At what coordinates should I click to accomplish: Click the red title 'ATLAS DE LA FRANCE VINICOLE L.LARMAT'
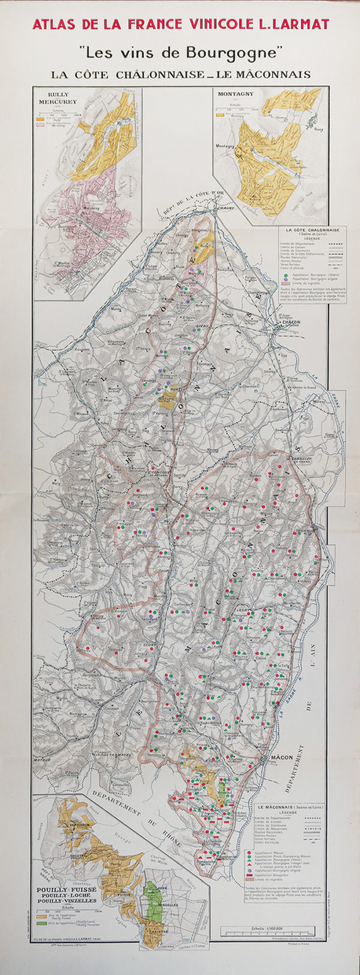tap(181, 24)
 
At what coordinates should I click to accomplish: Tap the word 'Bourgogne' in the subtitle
tap(232, 53)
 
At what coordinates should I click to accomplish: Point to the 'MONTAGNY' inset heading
tap(235, 94)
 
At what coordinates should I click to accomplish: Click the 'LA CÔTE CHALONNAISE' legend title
tap(313, 230)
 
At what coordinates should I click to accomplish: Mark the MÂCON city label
tap(281, 757)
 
